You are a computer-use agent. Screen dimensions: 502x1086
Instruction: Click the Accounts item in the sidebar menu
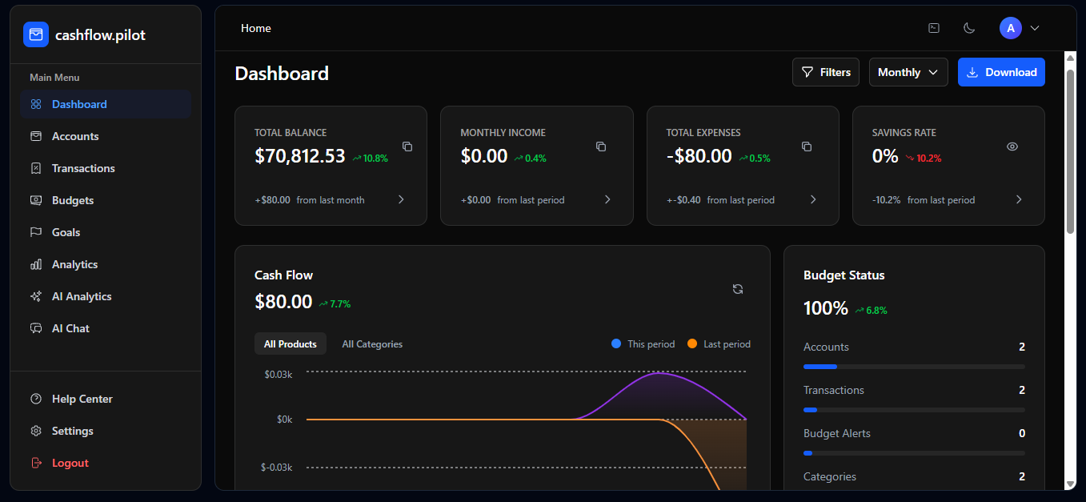[74, 136]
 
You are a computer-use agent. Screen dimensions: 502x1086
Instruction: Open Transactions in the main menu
[82, 168]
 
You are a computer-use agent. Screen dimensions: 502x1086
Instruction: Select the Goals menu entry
[66, 232]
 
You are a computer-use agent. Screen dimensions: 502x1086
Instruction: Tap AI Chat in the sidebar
[70, 328]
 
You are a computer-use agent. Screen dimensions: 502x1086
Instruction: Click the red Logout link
[70, 463]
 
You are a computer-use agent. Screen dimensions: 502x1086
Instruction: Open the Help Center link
[82, 399]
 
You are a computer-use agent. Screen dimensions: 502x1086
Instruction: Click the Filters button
[826, 72]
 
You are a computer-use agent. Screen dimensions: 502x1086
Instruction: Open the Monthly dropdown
[908, 72]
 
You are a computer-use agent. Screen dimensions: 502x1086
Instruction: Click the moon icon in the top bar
[969, 28]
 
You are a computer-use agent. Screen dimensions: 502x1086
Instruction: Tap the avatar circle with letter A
[1011, 28]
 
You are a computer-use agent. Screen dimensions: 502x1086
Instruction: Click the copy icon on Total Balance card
[407, 147]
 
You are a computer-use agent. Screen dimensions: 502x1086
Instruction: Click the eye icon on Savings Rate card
[1012, 147]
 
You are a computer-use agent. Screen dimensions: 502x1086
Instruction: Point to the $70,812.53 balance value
[299, 156]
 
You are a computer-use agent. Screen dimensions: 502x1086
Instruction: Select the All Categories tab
[372, 344]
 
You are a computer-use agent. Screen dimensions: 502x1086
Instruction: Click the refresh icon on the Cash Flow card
[738, 289]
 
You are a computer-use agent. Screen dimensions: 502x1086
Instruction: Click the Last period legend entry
[719, 344]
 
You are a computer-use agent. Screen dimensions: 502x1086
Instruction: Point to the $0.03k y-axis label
[279, 374]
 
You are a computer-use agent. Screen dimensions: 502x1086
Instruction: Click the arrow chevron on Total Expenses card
[813, 199]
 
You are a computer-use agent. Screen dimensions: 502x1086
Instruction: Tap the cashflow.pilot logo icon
[36, 34]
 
